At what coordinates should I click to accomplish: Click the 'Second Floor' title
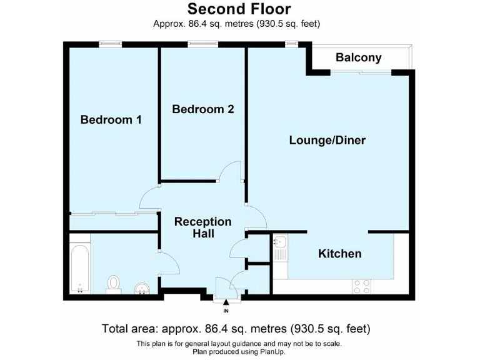(x=239, y=9)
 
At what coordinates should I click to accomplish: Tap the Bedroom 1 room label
(x=111, y=119)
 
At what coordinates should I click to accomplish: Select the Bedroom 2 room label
(x=203, y=109)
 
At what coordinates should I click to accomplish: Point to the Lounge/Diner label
(x=327, y=140)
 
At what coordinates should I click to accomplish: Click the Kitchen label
(x=340, y=253)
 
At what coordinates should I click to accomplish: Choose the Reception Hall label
(x=202, y=227)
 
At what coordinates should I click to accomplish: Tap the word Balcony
(x=358, y=57)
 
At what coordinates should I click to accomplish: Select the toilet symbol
(x=114, y=283)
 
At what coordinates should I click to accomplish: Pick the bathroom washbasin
(x=142, y=287)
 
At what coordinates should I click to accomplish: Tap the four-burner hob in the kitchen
(x=361, y=286)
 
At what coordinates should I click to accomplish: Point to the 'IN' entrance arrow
(x=226, y=305)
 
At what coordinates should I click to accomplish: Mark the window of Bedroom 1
(x=111, y=44)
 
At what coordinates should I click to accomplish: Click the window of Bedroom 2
(x=203, y=44)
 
